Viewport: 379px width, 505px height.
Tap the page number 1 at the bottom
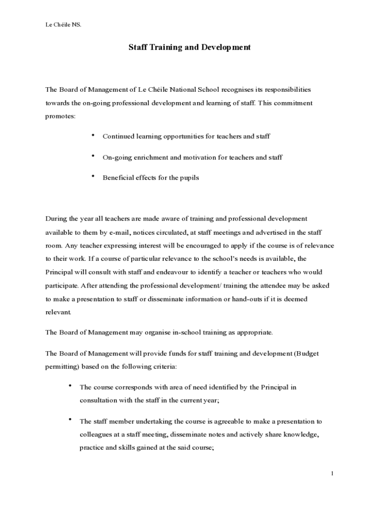coord(333,473)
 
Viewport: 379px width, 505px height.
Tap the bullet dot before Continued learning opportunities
coord(92,135)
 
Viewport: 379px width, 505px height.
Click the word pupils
coord(189,178)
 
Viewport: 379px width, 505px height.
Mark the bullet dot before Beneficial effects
coord(92,176)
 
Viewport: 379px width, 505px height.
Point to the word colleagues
coord(96,435)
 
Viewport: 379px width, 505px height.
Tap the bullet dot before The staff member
coord(71,420)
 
